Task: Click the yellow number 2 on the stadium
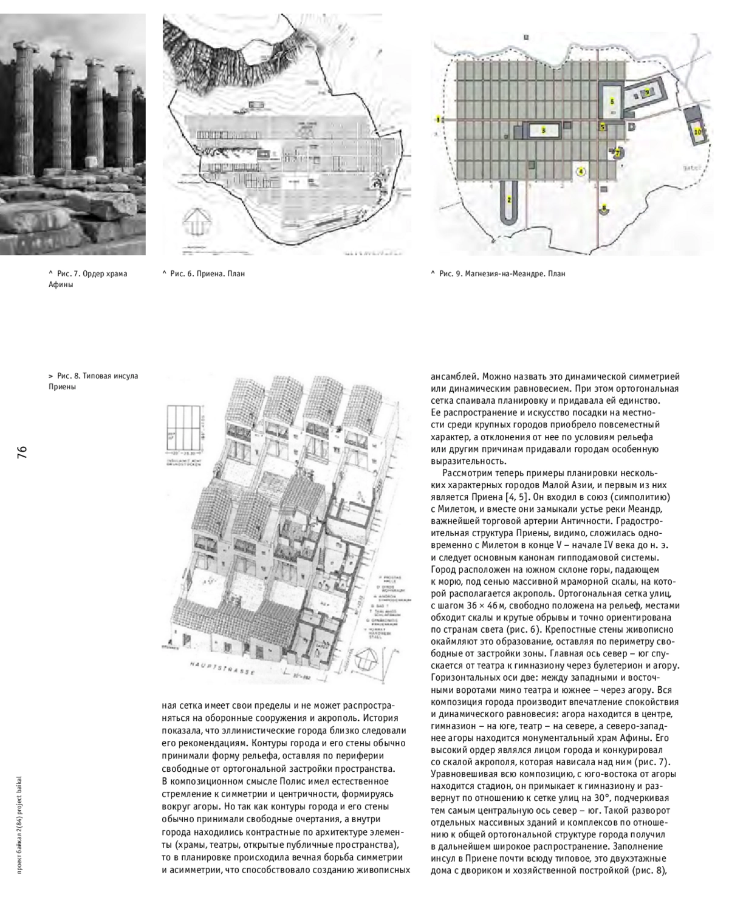click(x=509, y=199)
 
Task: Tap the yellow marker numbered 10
click(x=698, y=131)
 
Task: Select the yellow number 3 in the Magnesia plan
click(x=543, y=129)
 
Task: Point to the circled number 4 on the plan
click(x=580, y=172)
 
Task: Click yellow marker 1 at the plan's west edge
click(x=437, y=117)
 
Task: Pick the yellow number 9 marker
click(x=648, y=92)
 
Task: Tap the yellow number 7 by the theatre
click(x=617, y=154)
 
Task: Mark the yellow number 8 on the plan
click(x=603, y=209)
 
